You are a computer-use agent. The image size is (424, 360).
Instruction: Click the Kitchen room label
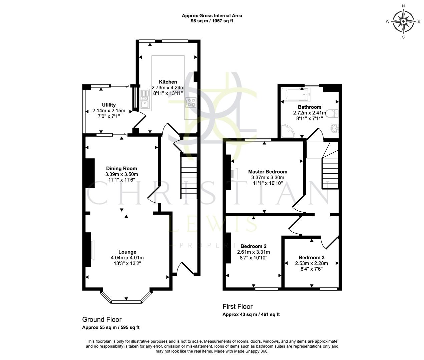(x=168, y=82)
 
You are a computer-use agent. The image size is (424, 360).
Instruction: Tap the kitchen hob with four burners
(x=191, y=102)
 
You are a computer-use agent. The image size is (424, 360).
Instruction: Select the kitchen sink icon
(x=145, y=99)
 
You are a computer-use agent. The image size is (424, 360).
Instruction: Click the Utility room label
(x=109, y=105)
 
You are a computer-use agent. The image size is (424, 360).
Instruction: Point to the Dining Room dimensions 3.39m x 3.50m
(x=121, y=174)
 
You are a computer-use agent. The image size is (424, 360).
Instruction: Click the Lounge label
(x=127, y=252)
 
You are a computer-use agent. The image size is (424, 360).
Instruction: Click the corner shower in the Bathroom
(x=288, y=131)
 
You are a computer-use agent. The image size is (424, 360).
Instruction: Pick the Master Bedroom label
(x=268, y=172)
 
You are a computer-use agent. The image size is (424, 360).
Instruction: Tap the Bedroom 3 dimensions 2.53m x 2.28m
(x=311, y=263)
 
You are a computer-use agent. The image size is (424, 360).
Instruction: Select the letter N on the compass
(x=403, y=6)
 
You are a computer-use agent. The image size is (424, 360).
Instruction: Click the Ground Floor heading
(x=102, y=320)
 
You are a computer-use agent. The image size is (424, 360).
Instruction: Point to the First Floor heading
(x=238, y=306)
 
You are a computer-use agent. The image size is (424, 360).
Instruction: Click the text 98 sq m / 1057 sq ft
(x=212, y=21)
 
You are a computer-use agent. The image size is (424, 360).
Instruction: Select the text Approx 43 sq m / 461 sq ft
(x=251, y=314)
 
